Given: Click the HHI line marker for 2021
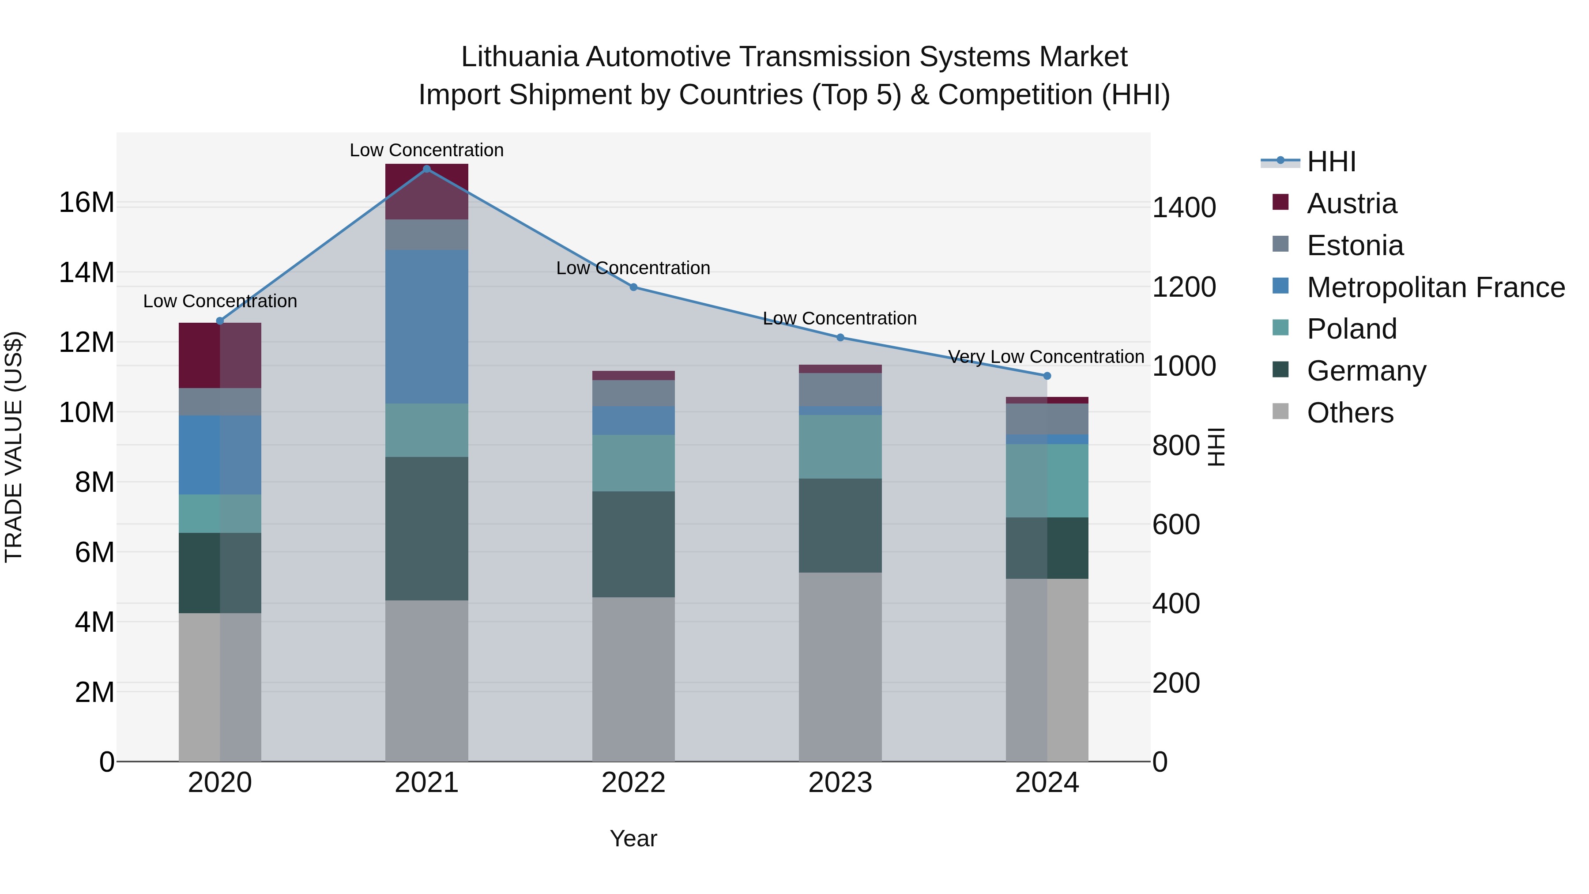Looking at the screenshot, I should point(426,169).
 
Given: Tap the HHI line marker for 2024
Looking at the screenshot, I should point(1047,376).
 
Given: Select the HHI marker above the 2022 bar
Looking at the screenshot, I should point(633,287).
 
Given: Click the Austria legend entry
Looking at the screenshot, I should point(1351,204).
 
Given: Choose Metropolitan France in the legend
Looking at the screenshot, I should point(1435,287).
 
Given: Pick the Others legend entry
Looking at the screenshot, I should point(1350,413).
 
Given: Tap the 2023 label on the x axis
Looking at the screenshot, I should point(840,783).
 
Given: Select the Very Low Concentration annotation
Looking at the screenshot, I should point(1046,357).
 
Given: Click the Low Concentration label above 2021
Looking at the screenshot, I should point(426,150).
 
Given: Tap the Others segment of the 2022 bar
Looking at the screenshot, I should point(633,679).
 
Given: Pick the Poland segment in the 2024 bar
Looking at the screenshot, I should point(1047,481).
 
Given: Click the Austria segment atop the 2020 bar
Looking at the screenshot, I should point(220,355).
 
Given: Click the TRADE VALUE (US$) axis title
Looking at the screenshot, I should point(14,447).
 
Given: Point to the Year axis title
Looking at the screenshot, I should point(633,838).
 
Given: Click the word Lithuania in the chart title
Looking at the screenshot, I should point(520,57).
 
